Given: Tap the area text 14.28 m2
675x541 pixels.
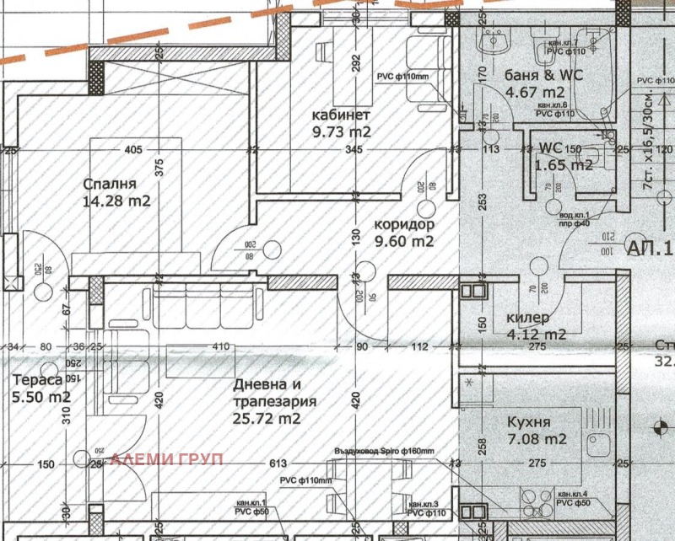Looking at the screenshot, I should click(116, 201).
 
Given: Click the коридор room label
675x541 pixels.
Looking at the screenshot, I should click(403, 225).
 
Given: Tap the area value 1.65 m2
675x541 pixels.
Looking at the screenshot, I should click(563, 165).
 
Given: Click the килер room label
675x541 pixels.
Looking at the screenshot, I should click(528, 318).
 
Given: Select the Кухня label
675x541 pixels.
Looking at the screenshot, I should click(530, 422).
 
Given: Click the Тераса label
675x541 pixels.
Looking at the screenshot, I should click(37, 381).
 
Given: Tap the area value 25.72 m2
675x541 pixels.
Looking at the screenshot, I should click(266, 417).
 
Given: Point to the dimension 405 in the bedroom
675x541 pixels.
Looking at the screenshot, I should click(132, 151).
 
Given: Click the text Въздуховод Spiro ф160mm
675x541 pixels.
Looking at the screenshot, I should click(384, 452).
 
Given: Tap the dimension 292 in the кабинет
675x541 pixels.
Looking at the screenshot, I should click(356, 63).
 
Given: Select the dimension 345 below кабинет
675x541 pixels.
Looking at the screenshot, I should click(352, 151).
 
